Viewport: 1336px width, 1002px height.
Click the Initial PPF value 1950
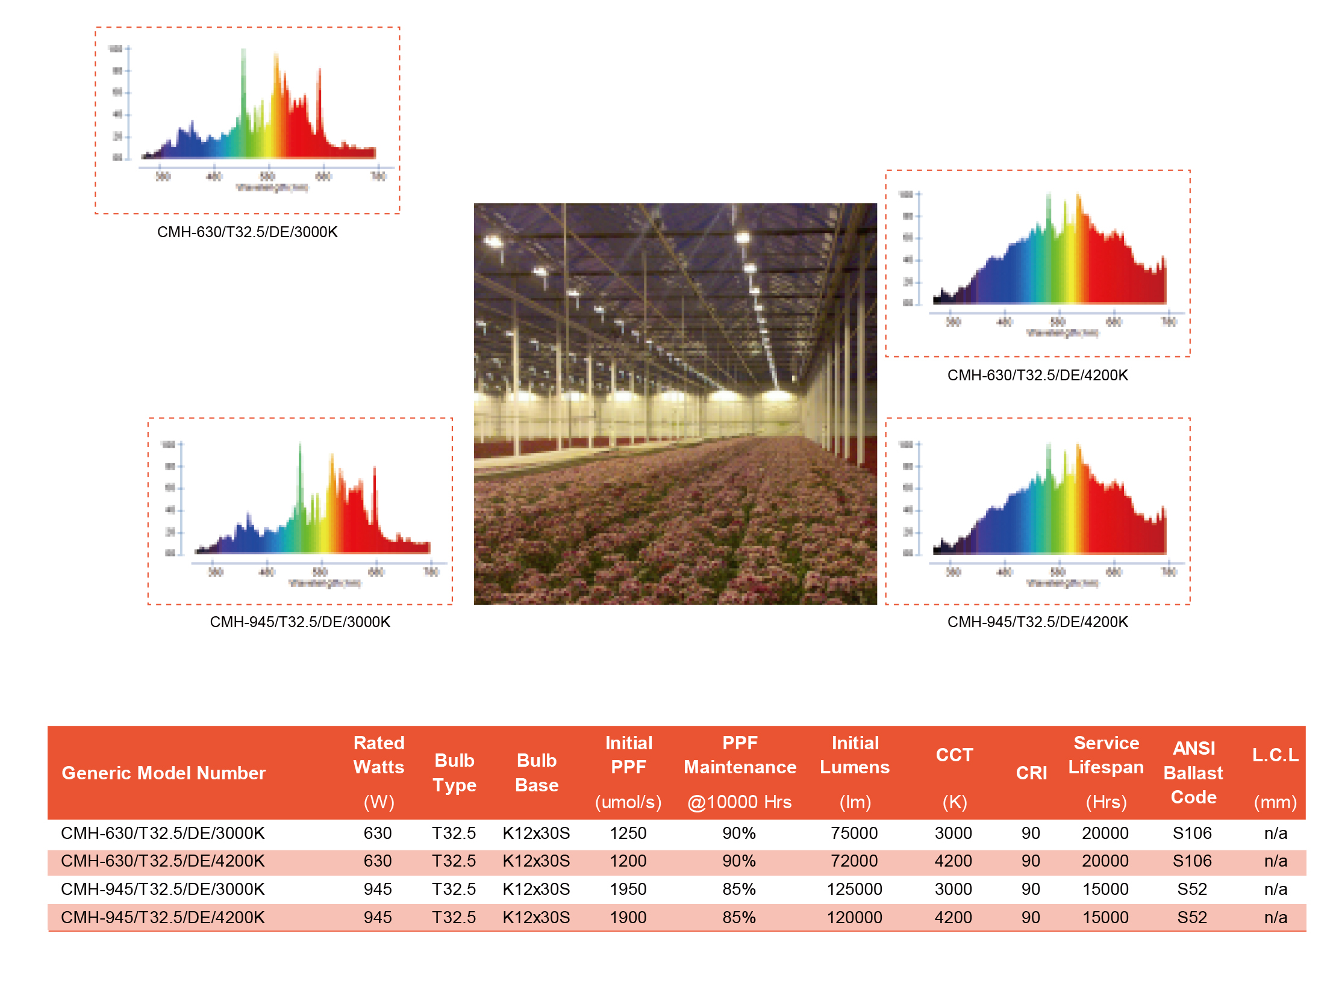click(x=628, y=888)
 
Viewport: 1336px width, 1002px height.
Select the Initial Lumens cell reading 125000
click(x=854, y=888)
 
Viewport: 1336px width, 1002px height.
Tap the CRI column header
click(x=1031, y=773)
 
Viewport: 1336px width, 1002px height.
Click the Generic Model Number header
click(x=163, y=773)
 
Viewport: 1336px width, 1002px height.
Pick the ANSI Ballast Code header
click(x=1193, y=773)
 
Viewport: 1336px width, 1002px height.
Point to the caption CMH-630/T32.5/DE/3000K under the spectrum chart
click(x=247, y=232)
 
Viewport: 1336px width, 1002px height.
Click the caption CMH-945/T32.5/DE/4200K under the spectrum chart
click(x=1037, y=622)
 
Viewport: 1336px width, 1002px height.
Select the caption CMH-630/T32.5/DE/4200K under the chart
click(x=1037, y=375)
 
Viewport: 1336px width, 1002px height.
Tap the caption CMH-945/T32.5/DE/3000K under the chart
click(x=299, y=622)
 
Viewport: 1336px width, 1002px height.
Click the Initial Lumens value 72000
click(x=854, y=861)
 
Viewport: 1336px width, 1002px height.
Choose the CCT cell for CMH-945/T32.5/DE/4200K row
click(x=953, y=917)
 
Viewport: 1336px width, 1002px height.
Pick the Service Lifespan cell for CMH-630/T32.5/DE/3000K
click(x=1105, y=833)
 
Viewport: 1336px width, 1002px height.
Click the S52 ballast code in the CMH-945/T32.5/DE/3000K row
click(x=1191, y=888)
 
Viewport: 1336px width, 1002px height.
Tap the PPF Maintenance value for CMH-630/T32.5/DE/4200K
click(x=738, y=861)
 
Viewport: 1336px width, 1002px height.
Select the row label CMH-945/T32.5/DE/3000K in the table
click(x=163, y=888)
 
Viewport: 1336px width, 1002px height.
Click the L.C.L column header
click(x=1275, y=755)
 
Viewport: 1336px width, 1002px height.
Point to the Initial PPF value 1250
click(x=628, y=833)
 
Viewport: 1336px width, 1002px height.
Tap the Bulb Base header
click(x=536, y=773)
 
